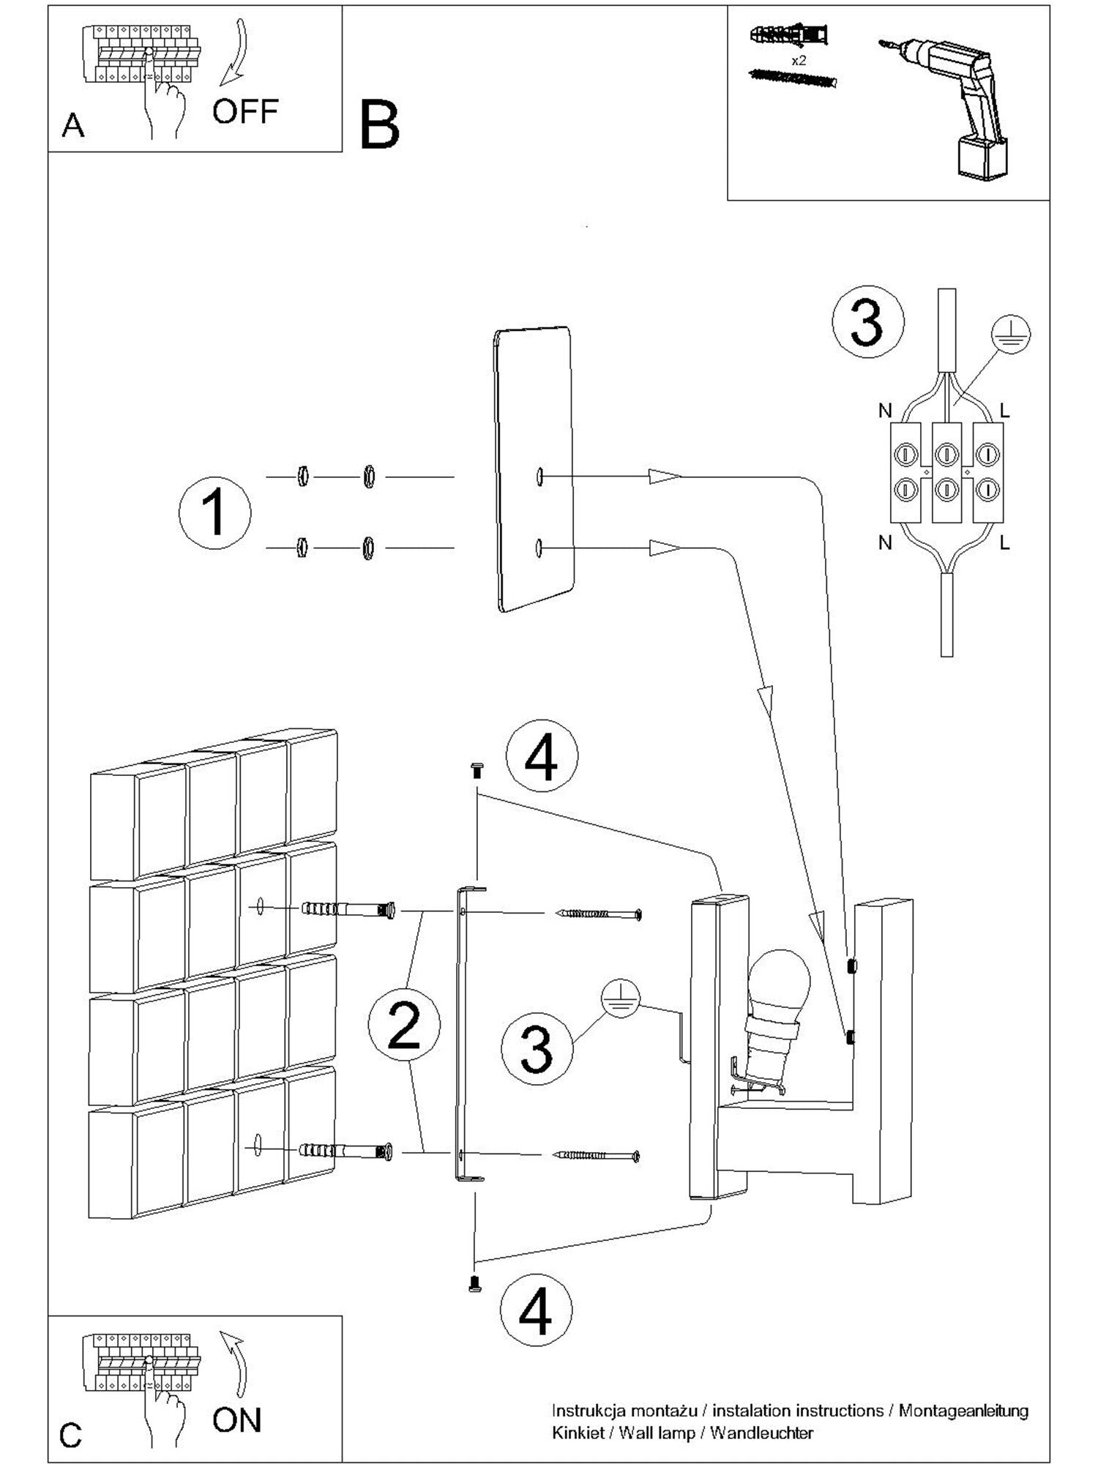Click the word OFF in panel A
[245, 111]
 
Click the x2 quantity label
[799, 61]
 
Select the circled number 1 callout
[214, 513]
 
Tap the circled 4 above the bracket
[542, 758]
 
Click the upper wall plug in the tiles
[348, 910]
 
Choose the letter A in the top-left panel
[73, 127]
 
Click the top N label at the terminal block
[885, 411]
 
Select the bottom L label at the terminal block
[1004, 542]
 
